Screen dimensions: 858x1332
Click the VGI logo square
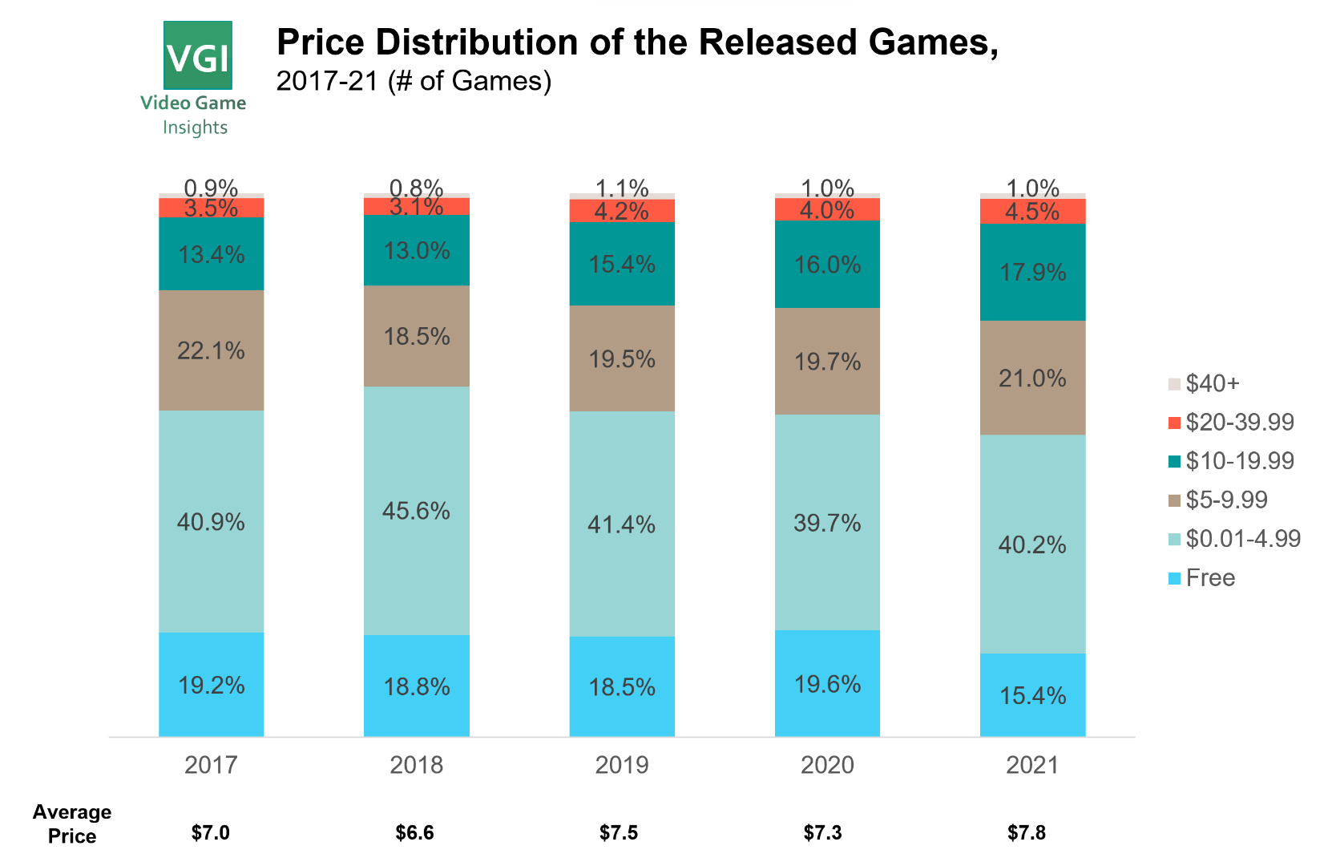pyautogui.click(x=197, y=55)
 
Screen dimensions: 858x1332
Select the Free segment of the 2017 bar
pyautogui.click(x=211, y=684)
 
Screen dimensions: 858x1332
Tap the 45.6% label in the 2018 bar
pyautogui.click(x=416, y=511)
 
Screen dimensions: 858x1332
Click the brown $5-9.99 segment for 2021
pyautogui.click(x=1032, y=378)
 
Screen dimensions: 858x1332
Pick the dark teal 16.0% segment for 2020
pyautogui.click(x=827, y=265)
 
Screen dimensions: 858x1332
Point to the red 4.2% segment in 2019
pyautogui.click(x=622, y=212)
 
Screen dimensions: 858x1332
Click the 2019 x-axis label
pyautogui.click(x=622, y=764)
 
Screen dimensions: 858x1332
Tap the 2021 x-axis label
pyautogui.click(x=1032, y=764)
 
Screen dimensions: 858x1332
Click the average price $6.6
pyautogui.click(x=414, y=832)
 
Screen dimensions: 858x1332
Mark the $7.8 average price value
pyautogui.click(x=1027, y=832)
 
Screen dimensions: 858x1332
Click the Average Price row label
pyautogui.click(x=71, y=824)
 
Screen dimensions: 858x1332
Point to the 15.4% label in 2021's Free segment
pyautogui.click(x=1032, y=695)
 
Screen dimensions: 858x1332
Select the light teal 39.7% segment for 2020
pyautogui.click(x=827, y=523)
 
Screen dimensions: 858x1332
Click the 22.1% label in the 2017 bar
pyautogui.click(x=211, y=350)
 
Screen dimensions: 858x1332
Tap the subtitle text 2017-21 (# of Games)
pyautogui.click(x=414, y=81)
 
